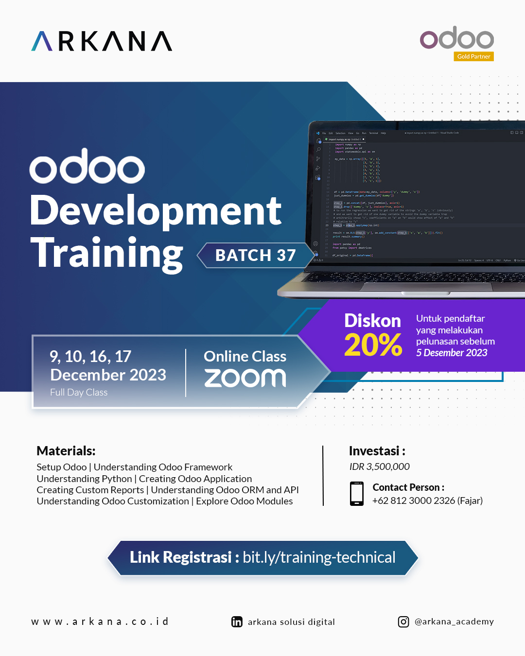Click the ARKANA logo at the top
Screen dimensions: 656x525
point(102,41)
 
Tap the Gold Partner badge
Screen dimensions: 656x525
point(473,56)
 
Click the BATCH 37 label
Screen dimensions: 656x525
point(256,255)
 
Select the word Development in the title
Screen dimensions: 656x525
point(156,211)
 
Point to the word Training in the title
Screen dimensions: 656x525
point(107,253)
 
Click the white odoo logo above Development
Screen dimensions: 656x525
point(87,167)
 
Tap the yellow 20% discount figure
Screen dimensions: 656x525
point(373,345)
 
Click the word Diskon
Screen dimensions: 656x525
point(372,321)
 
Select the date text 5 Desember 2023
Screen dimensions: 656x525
point(452,353)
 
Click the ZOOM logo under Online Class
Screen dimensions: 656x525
point(245,378)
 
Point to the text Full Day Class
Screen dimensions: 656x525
point(79,392)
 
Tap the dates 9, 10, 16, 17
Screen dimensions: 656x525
point(90,357)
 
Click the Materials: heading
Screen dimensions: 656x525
point(66,451)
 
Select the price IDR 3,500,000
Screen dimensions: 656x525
point(379,466)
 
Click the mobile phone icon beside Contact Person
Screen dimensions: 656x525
point(357,494)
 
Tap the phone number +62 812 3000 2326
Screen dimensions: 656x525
point(414,501)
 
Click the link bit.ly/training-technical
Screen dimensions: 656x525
point(319,557)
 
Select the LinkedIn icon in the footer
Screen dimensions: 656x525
point(237,622)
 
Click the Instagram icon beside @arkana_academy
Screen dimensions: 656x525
point(403,622)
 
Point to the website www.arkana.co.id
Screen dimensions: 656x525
point(100,621)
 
